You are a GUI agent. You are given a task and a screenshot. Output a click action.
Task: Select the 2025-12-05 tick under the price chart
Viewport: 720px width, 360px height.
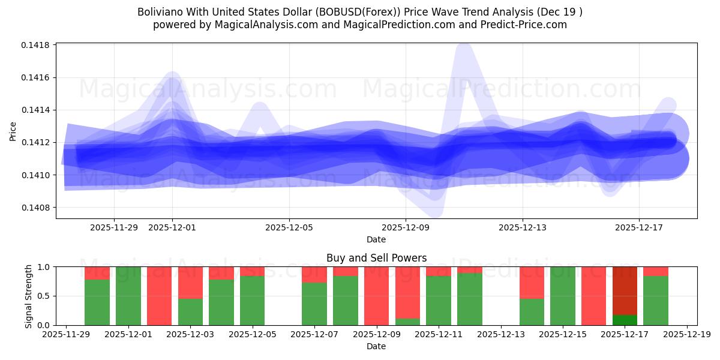[x=289, y=227]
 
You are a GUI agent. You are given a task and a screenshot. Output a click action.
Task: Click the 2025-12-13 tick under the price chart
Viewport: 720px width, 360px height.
[x=522, y=227]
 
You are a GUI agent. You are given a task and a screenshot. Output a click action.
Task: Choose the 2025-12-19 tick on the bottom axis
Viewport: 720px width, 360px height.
[x=686, y=334]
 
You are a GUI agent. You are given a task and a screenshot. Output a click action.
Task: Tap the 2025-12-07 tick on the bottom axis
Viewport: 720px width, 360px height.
[x=314, y=334]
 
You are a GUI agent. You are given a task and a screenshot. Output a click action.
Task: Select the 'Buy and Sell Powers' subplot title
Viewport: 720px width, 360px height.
[x=376, y=258]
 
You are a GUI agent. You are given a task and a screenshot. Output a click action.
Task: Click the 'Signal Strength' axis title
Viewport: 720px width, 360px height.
[x=28, y=296]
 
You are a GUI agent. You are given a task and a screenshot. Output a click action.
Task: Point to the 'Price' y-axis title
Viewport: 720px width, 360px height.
[x=13, y=130]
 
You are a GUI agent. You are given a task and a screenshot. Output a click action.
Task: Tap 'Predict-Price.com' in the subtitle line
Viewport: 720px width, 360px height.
[x=526, y=25]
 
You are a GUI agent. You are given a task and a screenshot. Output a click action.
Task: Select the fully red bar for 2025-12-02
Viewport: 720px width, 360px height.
[x=159, y=296]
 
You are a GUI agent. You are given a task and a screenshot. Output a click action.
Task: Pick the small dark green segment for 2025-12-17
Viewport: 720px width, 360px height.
[x=625, y=320]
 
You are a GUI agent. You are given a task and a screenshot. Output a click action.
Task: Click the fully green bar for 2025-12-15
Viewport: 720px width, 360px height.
[x=563, y=296]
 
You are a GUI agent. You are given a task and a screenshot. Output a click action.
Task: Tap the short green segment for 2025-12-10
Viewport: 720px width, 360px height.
[x=407, y=322]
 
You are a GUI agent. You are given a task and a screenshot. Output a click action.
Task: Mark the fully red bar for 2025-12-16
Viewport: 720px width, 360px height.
[x=593, y=296]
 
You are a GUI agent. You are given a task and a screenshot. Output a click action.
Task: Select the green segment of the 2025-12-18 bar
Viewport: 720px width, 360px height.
[x=655, y=301]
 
